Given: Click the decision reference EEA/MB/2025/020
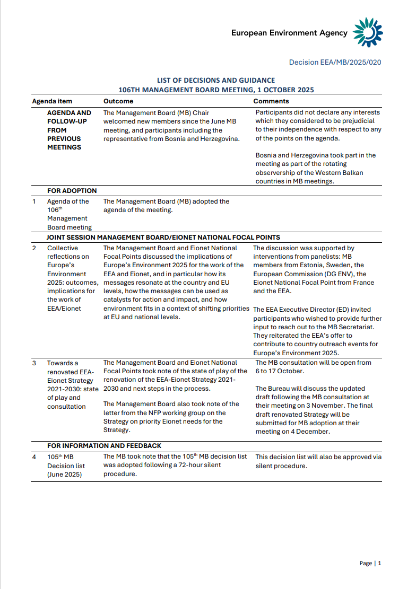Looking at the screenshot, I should [335, 63].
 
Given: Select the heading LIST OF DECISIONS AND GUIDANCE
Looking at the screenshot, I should [216, 81].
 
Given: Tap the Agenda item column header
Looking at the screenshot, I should [52, 101].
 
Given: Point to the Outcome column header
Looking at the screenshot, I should [118, 101].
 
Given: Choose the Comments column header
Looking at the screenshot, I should [271, 101].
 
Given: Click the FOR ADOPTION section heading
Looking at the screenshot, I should [72, 191].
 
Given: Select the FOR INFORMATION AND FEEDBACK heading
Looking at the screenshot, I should [104, 446].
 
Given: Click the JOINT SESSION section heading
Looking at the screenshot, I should [163, 238].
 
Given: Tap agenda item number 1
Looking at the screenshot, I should [34, 201].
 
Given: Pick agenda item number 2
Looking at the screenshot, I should [34, 248].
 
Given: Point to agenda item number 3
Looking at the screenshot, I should [34, 363].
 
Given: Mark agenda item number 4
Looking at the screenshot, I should [34, 456].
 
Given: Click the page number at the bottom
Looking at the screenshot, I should [379, 563].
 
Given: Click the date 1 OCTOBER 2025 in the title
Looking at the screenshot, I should [284, 90].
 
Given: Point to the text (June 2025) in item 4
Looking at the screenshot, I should [65, 474].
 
